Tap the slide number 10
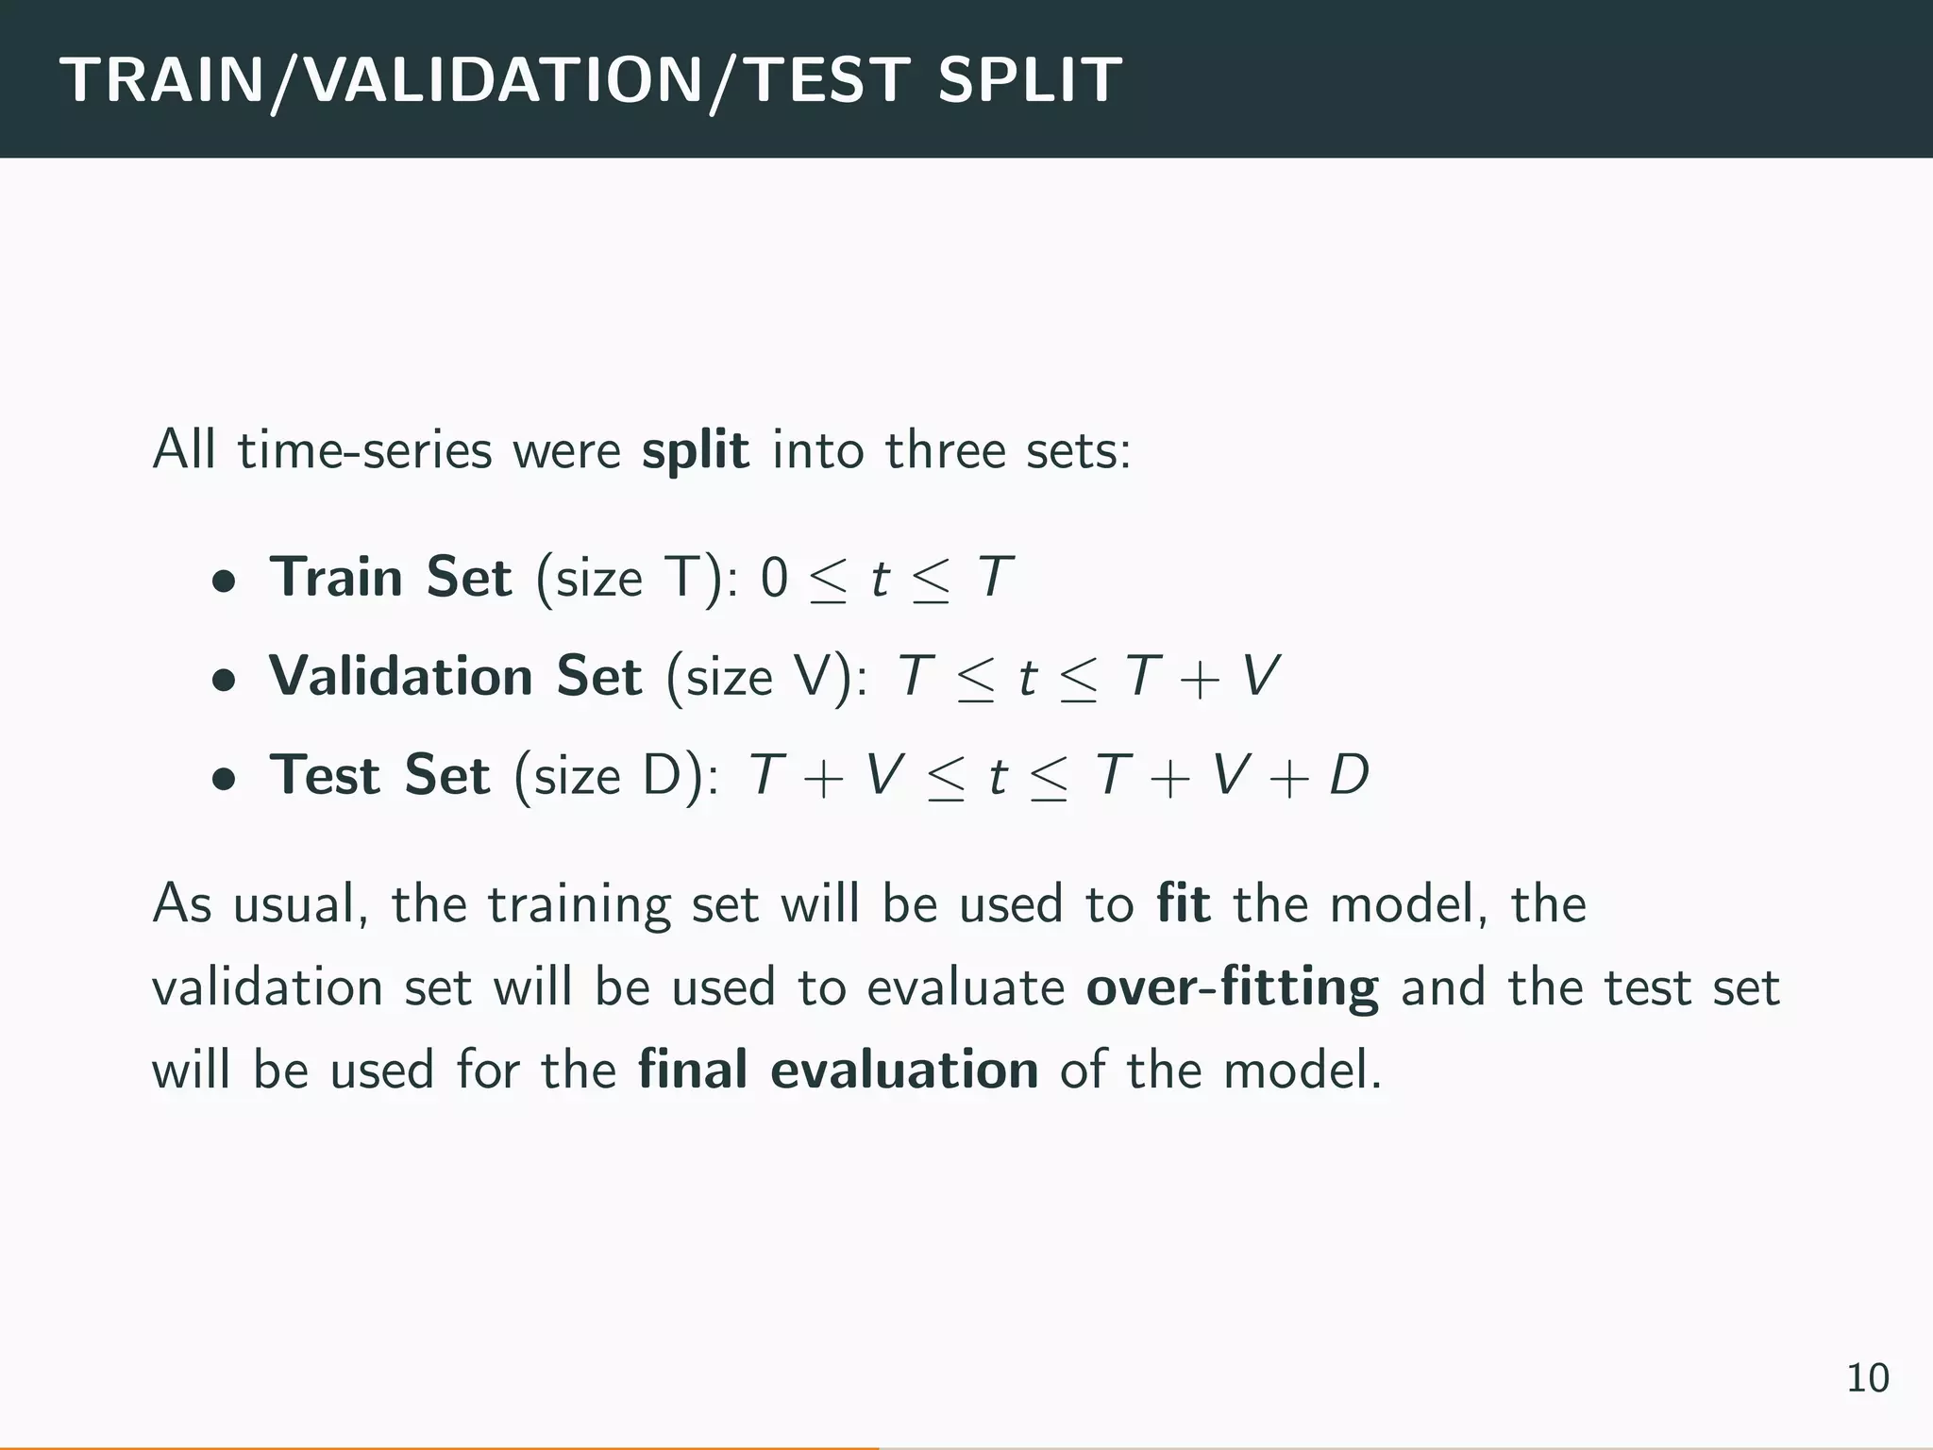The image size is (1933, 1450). (x=1867, y=1378)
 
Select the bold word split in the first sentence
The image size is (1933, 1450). (x=696, y=449)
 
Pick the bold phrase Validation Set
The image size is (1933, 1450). (x=455, y=676)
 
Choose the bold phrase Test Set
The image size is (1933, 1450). (x=379, y=775)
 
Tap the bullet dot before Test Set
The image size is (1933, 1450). (x=223, y=779)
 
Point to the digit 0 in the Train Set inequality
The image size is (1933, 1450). (x=774, y=578)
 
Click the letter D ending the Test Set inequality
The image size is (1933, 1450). (x=1349, y=776)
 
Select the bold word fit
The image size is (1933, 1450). (x=1184, y=903)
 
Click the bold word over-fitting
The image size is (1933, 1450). (x=1232, y=987)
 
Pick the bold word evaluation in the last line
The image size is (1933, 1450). (x=904, y=1071)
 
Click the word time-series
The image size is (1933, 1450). (x=364, y=450)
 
